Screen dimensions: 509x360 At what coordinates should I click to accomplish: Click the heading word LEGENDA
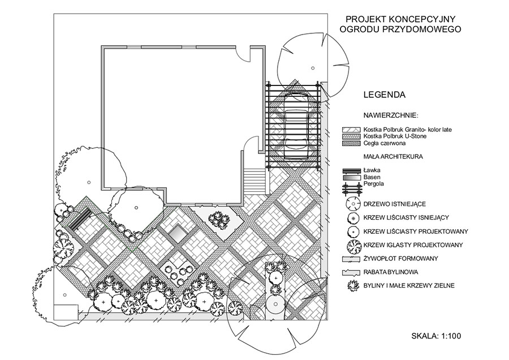385,95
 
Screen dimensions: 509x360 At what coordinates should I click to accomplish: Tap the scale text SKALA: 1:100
436,336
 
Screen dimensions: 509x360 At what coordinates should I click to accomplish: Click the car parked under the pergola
296,126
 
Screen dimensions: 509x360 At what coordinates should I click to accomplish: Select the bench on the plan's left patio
80,220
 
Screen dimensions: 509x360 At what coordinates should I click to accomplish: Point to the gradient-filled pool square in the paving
177,233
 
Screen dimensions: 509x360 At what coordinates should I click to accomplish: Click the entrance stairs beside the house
255,181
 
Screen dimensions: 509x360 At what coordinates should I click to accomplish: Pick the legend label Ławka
372,170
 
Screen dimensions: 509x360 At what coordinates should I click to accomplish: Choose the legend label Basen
372,177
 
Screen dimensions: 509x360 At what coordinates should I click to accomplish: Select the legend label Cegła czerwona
385,143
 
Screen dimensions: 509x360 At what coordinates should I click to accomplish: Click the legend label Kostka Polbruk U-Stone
395,136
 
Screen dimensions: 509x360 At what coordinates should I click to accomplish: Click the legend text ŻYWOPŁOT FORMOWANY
401,259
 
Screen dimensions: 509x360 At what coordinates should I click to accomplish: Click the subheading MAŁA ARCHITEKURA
393,157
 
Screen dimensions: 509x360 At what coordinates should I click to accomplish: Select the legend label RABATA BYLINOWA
391,272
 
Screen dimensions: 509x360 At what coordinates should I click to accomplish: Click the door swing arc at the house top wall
244,55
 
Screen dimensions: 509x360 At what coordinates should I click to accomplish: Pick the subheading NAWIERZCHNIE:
391,115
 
